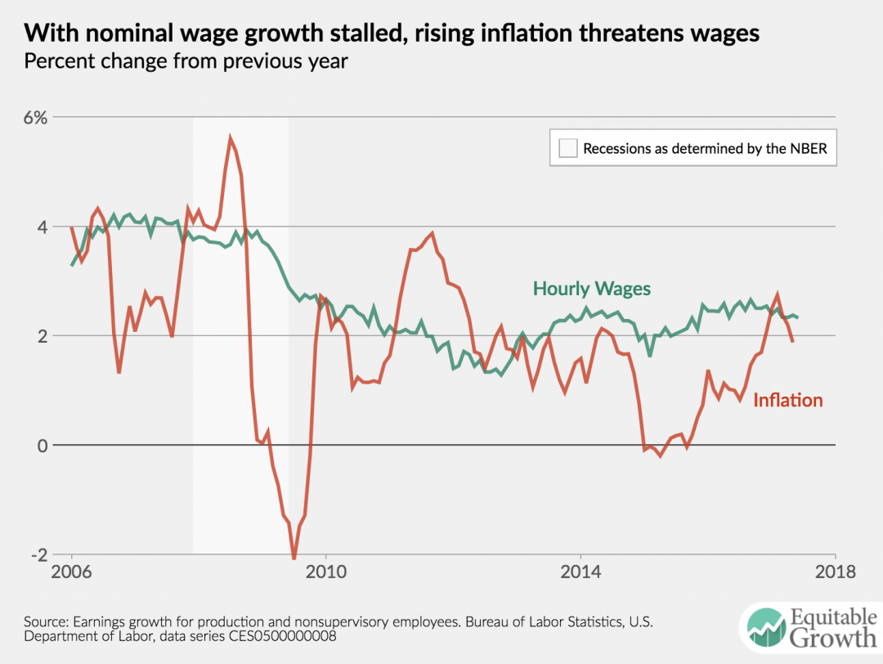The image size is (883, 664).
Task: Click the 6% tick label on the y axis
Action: pos(36,117)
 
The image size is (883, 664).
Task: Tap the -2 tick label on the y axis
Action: pos(38,555)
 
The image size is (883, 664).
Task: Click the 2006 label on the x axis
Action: pos(72,571)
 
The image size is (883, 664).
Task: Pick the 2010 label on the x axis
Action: pos(326,571)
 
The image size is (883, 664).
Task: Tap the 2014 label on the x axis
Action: pos(581,571)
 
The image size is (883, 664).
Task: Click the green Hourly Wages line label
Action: pos(592,288)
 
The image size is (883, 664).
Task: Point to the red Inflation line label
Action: pos(787,400)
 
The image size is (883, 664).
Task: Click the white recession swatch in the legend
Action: pos(567,148)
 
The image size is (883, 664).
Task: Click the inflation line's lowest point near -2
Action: pos(294,559)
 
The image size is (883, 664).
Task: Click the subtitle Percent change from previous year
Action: pos(186,62)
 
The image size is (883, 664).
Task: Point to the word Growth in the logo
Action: pos(826,638)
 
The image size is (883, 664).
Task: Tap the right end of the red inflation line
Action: pos(792,341)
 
